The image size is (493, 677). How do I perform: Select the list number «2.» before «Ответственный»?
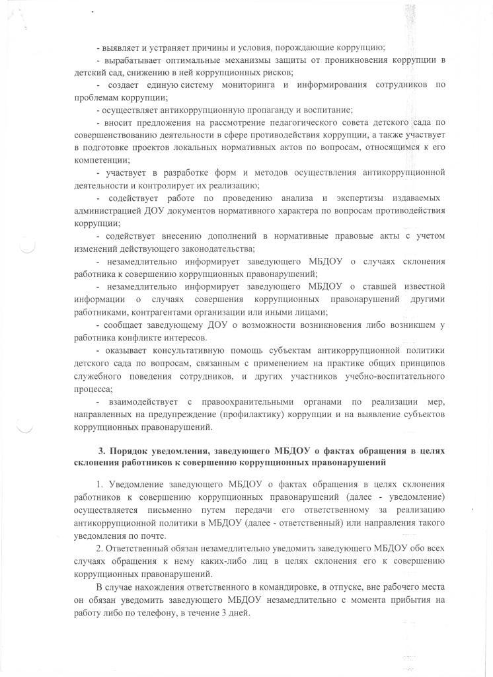click(100, 549)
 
